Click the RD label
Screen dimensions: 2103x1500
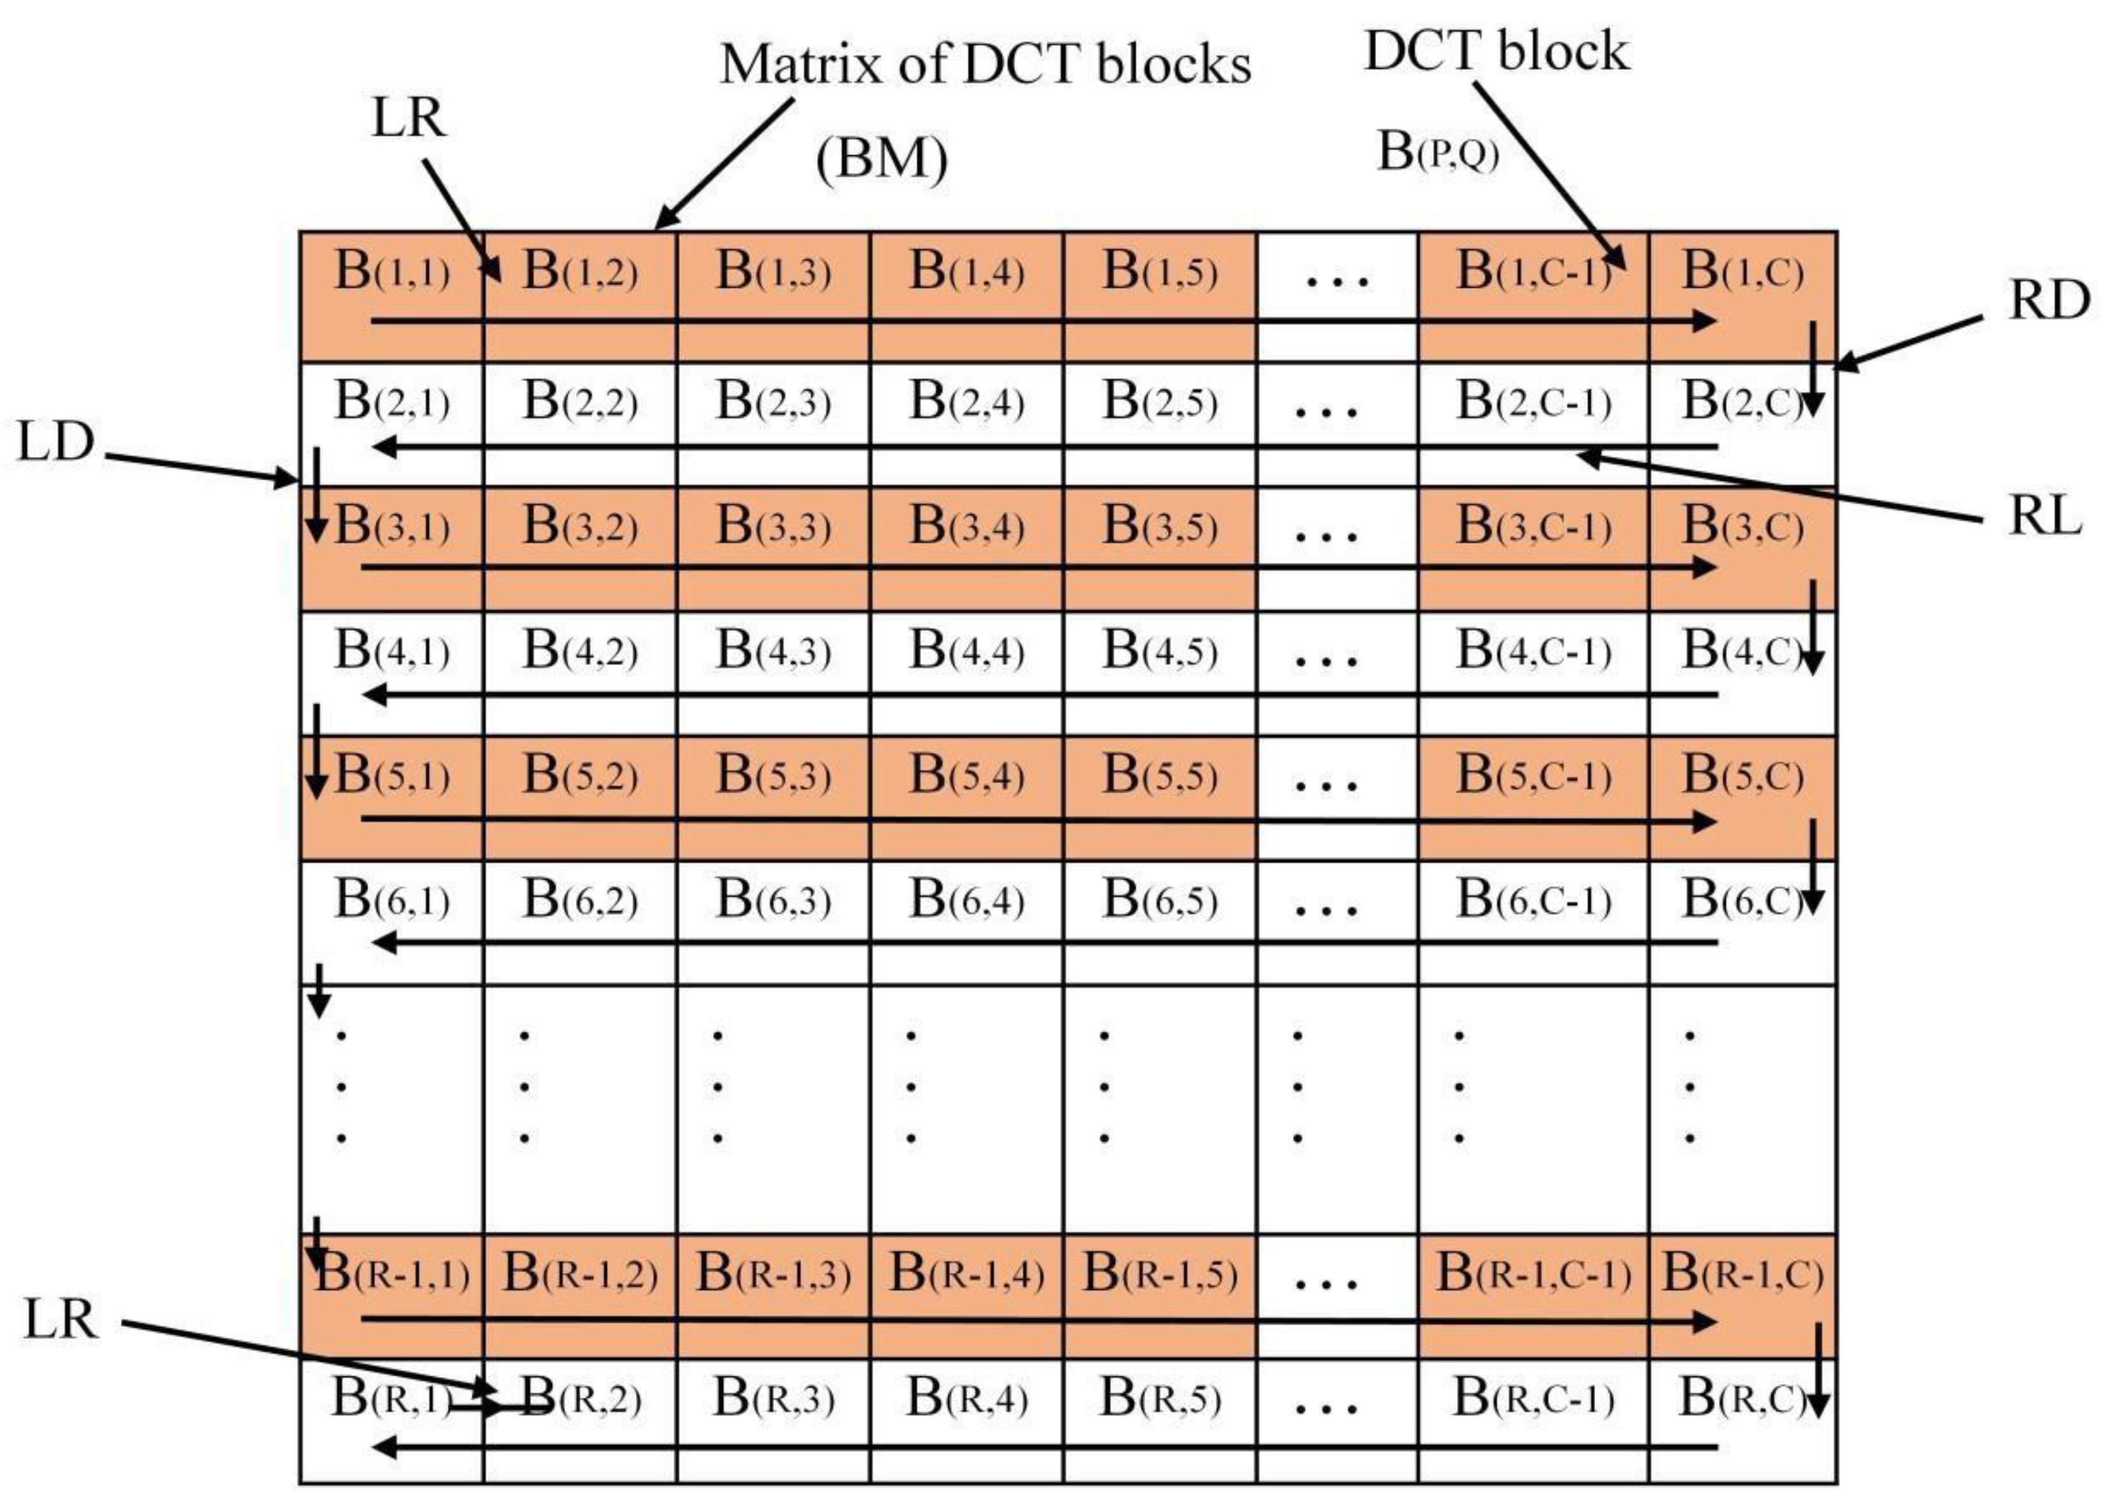tap(2048, 301)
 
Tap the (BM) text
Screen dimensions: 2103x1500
tap(882, 159)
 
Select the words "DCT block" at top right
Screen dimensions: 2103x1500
tap(1496, 51)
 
